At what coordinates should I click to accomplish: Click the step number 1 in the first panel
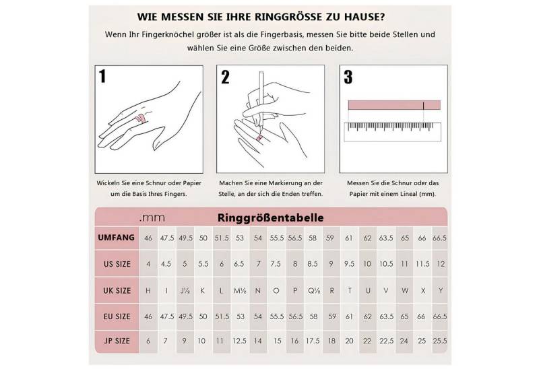(102, 77)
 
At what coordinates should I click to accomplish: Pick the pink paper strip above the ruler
(394, 105)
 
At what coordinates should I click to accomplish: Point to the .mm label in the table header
(152, 218)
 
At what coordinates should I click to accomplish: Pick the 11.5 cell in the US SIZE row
(422, 264)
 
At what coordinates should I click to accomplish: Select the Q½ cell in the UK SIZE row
(313, 290)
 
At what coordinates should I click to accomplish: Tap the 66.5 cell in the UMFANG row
(440, 238)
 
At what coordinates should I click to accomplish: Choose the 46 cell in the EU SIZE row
(148, 316)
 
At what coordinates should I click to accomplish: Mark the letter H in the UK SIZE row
(148, 290)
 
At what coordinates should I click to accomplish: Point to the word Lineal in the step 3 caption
(408, 194)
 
